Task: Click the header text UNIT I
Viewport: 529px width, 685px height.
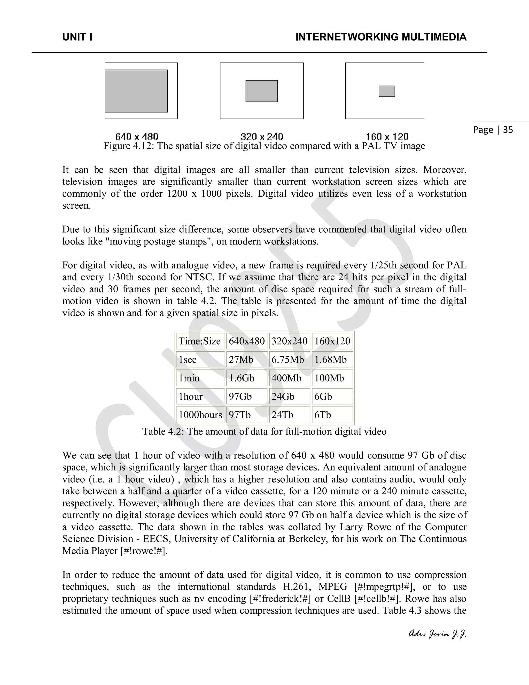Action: coord(77,37)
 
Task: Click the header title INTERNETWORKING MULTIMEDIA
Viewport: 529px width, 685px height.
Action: coord(381,37)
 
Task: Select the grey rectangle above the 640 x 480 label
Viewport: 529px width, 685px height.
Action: coord(136,91)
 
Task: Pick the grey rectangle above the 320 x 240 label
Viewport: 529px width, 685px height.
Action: coord(261,91)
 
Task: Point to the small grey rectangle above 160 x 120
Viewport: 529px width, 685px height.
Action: coord(387,91)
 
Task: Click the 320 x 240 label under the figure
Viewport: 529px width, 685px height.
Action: coord(261,137)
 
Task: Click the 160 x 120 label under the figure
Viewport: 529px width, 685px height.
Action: coord(387,137)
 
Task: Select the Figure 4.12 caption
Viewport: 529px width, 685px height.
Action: coord(264,146)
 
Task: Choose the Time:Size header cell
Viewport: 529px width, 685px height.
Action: coord(200,341)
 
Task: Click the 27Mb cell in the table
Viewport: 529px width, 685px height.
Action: coord(241,360)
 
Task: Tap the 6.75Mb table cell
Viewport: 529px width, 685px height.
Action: coord(287,360)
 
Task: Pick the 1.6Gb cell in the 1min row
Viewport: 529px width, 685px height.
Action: coord(241,378)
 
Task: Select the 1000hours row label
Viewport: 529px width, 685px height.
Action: coord(200,415)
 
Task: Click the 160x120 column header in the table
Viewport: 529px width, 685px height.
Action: coord(332,341)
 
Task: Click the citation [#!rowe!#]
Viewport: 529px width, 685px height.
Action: coord(144,551)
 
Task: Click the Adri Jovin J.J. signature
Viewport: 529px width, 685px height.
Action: coord(437,634)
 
